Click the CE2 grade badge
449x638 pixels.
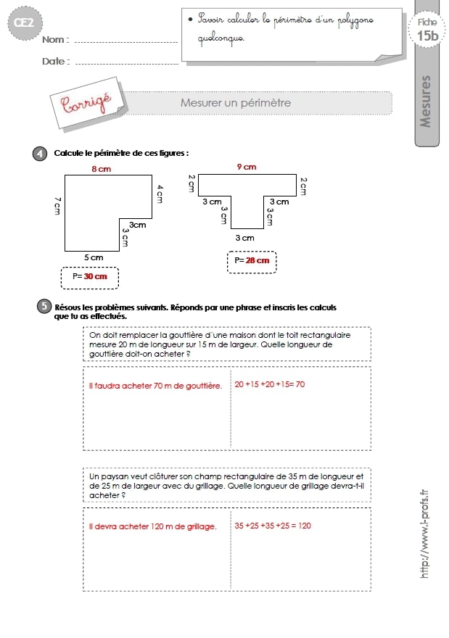tap(25, 22)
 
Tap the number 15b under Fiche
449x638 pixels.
tap(427, 36)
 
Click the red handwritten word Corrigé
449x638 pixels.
tap(86, 103)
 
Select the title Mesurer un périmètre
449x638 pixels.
tap(236, 103)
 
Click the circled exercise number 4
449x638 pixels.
tap(40, 154)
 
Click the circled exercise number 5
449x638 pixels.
tap(44, 306)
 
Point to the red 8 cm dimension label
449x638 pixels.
tap(102, 169)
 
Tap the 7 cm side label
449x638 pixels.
tap(57, 206)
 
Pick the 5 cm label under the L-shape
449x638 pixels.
tap(94, 257)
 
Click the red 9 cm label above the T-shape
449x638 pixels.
tap(247, 167)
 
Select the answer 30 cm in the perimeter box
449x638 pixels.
tap(95, 276)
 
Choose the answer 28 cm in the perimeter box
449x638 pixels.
tap(258, 260)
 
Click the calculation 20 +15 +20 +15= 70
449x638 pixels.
tap(270, 384)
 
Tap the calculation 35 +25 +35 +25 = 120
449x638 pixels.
tap(273, 526)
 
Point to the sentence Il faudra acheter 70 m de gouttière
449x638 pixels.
tap(155, 386)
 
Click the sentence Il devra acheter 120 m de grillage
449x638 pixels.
tap(152, 526)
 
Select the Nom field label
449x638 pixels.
tap(55, 40)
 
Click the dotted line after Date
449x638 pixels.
tap(127, 64)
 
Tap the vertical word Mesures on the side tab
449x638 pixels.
tap(425, 101)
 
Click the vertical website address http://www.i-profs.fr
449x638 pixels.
tap(424, 534)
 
